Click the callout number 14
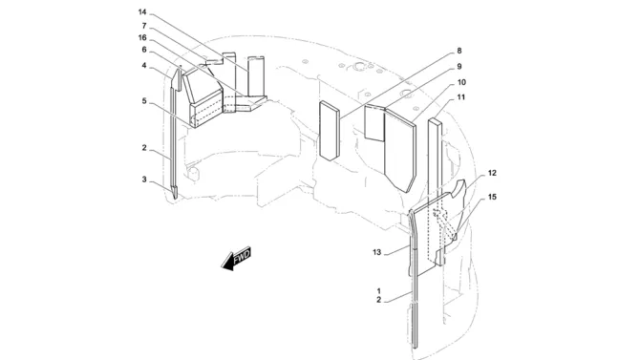pyautogui.click(x=142, y=12)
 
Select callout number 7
pyautogui.click(x=144, y=26)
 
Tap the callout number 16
pyautogui.click(x=142, y=37)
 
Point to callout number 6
pyautogui.click(x=144, y=50)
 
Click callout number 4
pyautogui.click(x=144, y=65)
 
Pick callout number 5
pyautogui.click(x=144, y=100)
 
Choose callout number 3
pyautogui.click(x=144, y=180)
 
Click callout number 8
pyautogui.click(x=459, y=51)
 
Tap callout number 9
pyautogui.click(x=459, y=66)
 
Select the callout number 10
pyautogui.click(x=461, y=82)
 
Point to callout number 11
pyautogui.click(x=460, y=97)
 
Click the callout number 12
pyautogui.click(x=492, y=173)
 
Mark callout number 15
pyautogui.click(x=492, y=197)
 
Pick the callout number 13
pyautogui.click(x=376, y=252)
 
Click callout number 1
pyautogui.click(x=379, y=291)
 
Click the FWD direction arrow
pyautogui.click(x=236, y=259)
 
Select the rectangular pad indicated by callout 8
pyautogui.click(x=330, y=131)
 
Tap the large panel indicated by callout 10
pyautogui.click(x=400, y=149)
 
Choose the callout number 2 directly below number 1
pyautogui.click(x=379, y=300)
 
